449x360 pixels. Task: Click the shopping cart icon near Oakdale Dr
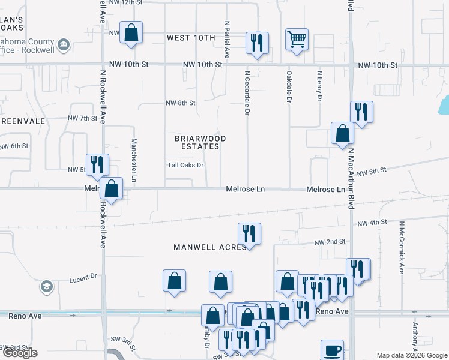[297, 40]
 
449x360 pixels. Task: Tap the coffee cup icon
[332, 350]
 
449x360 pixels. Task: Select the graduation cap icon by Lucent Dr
[46, 287]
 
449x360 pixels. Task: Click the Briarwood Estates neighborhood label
[200, 142]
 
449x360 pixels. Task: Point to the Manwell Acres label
[210, 247]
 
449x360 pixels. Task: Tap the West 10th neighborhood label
[190, 38]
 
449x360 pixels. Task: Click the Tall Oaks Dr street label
[186, 166]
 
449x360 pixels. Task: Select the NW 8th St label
[181, 103]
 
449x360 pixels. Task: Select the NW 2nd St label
[330, 241]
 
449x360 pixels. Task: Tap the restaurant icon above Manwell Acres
[249, 233]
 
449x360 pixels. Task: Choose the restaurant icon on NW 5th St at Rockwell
[97, 164]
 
